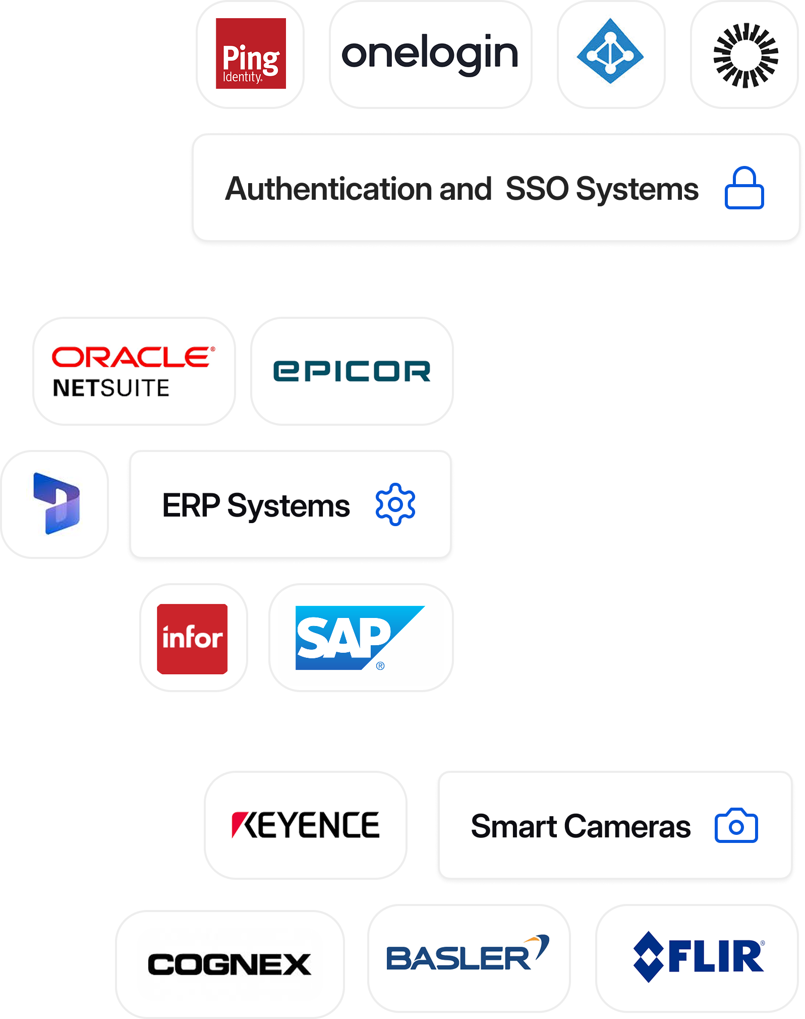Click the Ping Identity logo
pyautogui.click(x=251, y=53)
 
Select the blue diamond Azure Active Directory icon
pyautogui.click(x=610, y=51)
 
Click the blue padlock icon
pyautogui.click(x=744, y=188)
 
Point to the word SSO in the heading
pyautogui.click(x=537, y=189)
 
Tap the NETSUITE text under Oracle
pyautogui.click(x=111, y=388)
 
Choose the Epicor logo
pyautogui.click(x=352, y=371)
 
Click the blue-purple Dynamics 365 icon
pyautogui.click(x=56, y=503)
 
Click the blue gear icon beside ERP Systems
pyautogui.click(x=395, y=504)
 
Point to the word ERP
pyautogui.click(x=191, y=505)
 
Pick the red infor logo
pyautogui.click(x=192, y=638)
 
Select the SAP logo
pyautogui.click(x=359, y=638)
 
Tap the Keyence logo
pyautogui.click(x=305, y=825)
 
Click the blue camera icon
pyautogui.click(x=736, y=826)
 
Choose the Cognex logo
pyautogui.click(x=229, y=964)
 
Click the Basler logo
pyautogui.click(x=468, y=955)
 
